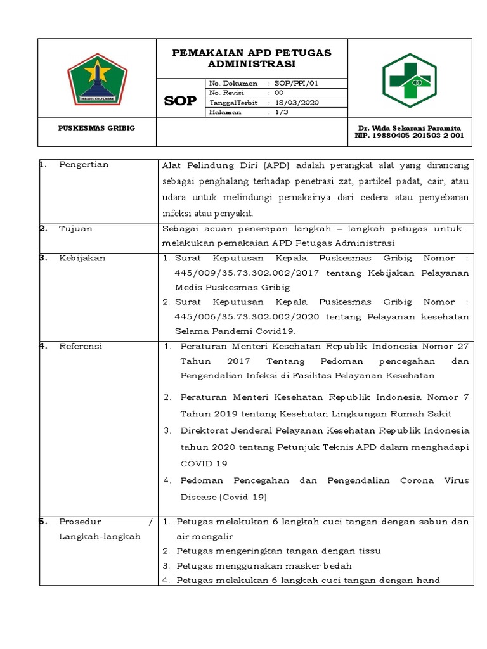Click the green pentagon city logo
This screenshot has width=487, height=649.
coord(97,78)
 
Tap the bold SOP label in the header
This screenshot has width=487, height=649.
coord(180,101)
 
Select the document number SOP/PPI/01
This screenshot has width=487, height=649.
coord(296,83)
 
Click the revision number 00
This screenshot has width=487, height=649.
coord(280,93)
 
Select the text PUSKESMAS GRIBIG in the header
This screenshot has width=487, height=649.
coord(96,128)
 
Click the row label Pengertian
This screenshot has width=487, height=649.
coord(84,165)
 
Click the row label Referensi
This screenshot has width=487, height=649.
coord(81,346)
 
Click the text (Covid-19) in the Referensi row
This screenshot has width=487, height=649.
coord(244,497)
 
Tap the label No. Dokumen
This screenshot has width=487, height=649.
coord(233,83)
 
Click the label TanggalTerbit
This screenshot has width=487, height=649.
coord(234,102)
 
